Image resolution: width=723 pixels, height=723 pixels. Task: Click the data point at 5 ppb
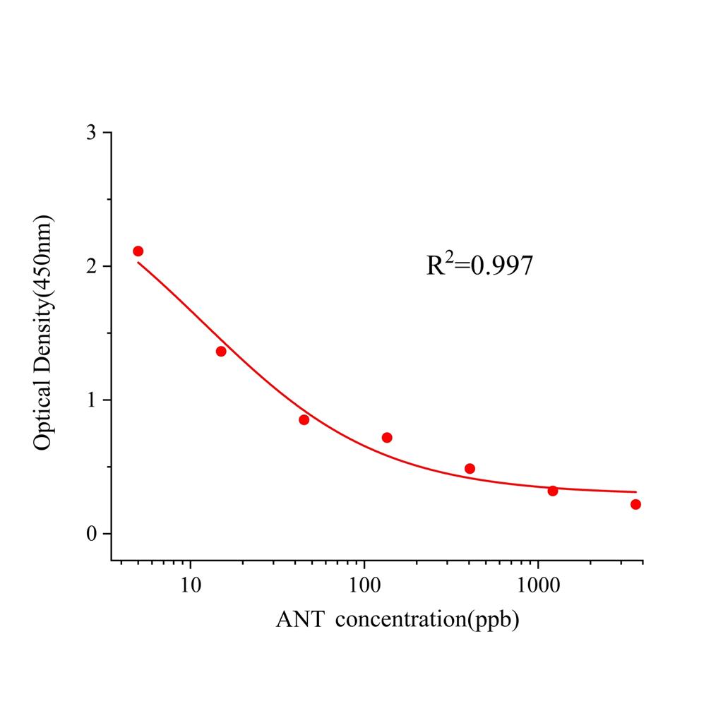click(138, 251)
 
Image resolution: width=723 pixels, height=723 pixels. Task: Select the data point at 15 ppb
click(221, 351)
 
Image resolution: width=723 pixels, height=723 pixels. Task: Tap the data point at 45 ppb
click(304, 419)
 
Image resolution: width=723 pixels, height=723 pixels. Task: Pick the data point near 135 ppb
click(387, 438)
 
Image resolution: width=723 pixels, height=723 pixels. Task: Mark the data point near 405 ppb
click(470, 468)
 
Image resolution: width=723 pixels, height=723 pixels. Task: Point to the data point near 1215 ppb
click(553, 491)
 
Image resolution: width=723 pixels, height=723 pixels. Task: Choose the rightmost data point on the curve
click(635, 504)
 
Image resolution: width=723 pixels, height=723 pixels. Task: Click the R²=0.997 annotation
click(479, 265)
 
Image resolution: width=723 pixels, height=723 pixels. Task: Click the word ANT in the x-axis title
click(300, 621)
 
